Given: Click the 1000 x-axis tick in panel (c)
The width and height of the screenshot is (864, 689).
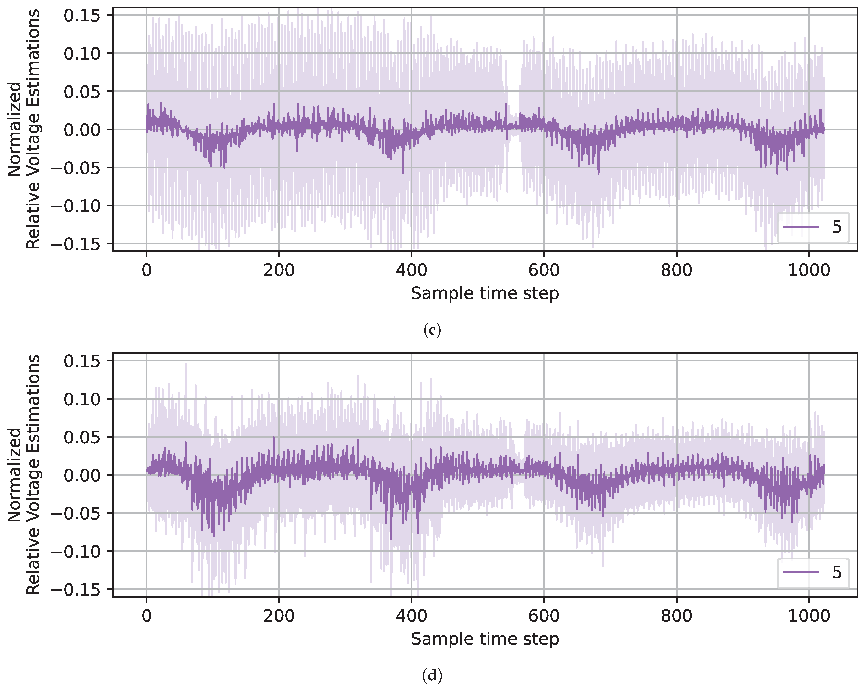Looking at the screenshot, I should point(809,270).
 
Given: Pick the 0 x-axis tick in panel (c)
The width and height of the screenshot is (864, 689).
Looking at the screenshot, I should point(147,270).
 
